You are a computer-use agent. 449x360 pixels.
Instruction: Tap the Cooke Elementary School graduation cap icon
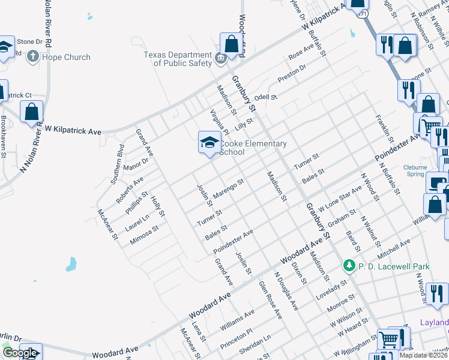tap(209, 143)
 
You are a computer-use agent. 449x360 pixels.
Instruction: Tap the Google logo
tap(20, 353)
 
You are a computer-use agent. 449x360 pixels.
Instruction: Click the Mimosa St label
tap(144, 236)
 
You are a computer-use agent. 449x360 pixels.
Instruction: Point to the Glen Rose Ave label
tap(270, 299)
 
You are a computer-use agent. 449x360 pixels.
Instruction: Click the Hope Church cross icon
tap(32, 57)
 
